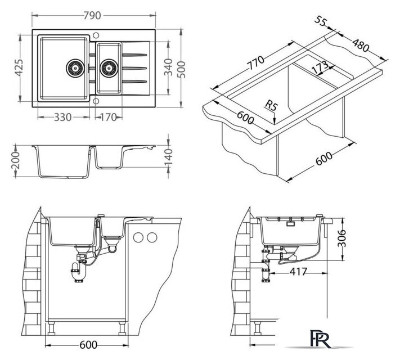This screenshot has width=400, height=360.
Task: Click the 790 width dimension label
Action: (92, 16)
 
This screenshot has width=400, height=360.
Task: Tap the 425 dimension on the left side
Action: (19, 68)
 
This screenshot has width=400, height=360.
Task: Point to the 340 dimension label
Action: (168, 67)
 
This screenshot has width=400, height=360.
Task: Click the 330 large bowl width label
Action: (63, 118)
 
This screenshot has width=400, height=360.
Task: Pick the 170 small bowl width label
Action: (108, 118)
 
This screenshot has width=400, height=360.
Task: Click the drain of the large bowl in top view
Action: (75, 68)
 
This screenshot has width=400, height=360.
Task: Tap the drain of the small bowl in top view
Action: (109, 68)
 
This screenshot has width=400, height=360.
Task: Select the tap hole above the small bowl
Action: (96, 35)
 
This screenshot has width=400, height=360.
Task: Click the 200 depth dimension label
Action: (16, 160)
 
